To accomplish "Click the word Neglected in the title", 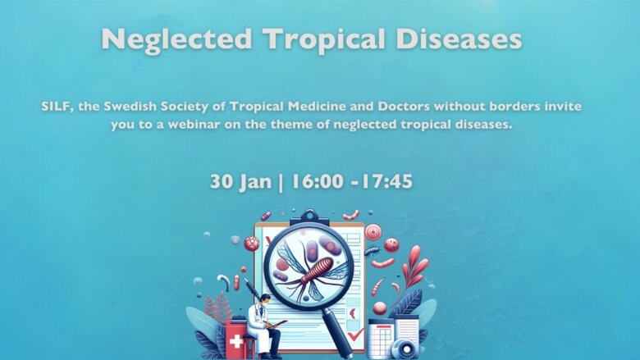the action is pyautogui.click(x=176, y=40).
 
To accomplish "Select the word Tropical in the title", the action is pyautogui.click(x=324, y=40).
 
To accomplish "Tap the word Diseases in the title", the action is pyautogui.click(x=459, y=39).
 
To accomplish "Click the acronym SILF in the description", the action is pyautogui.click(x=57, y=107).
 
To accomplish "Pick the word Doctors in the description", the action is pyautogui.click(x=404, y=107).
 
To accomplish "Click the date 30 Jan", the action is pyautogui.click(x=240, y=181).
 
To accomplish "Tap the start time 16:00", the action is pyautogui.click(x=318, y=181).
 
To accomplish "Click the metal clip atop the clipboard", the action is pyautogui.click(x=309, y=218).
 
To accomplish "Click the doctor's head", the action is pyautogui.click(x=264, y=300).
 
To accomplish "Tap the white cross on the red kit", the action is pyautogui.click(x=236, y=341).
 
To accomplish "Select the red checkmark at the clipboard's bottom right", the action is pyautogui.click(x=355, y=335).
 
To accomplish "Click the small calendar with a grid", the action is pyautogui.click(x=381, y=339).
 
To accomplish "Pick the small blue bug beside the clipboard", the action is pyautogui.click(x=372, y=251).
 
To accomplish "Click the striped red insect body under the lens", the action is pyautogui.click(x=317, y=271).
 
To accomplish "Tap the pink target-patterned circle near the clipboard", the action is pyautogui.click(x=373, y=231).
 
